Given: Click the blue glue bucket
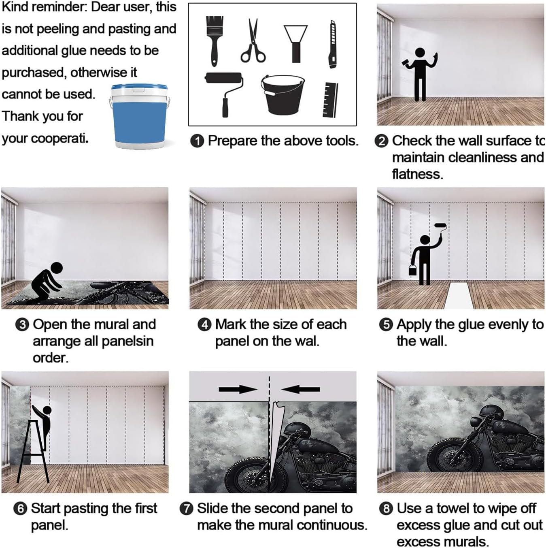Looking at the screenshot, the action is pyautogui.click(x=139, y=117).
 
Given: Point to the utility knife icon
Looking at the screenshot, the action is pyautogui.click(x=333, y=44).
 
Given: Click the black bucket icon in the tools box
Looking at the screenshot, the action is pyautogui.click(x=282, y=95).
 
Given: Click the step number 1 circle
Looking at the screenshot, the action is pyautogui.click(x=197, y=141).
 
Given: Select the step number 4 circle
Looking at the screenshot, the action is pyautogui.click(x=205, y=325).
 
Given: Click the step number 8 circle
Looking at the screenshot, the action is pyautogui.click(x=386, y=508).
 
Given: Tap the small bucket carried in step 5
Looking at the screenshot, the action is pyautogui.click(x=413, y=270).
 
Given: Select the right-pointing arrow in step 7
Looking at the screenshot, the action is pyautogui.click(x=238, y=389).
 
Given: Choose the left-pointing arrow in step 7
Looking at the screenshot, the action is pyautogui.click(x=301, y=389).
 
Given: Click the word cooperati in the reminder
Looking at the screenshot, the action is pyautogui.click(x=59, y=139).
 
